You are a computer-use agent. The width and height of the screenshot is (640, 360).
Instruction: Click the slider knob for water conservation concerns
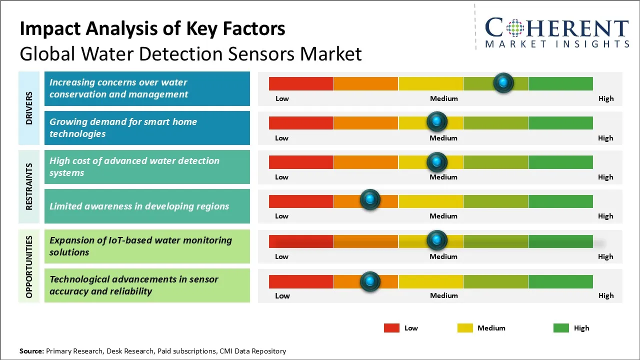coord(503,82)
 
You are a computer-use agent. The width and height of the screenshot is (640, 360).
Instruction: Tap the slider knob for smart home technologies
coord(437,121)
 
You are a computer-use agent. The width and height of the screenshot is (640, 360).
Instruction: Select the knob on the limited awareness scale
coord(370,200)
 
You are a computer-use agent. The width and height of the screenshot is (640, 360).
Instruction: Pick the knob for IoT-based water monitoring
coord(437,240)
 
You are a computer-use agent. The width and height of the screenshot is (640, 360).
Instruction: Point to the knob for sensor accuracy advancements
coord(370,281)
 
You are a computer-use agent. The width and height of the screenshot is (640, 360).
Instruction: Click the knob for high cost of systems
coord(437,161)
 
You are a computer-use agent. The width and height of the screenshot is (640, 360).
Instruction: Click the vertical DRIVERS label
coord(29,108)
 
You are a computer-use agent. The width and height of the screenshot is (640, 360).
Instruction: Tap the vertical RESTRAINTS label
coord(29,186)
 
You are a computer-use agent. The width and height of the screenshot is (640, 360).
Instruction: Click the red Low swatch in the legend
coord(391,328)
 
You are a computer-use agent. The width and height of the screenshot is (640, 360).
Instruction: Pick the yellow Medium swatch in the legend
coord(465,328)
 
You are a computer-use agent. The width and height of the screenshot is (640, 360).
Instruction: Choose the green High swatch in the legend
coord(561,328)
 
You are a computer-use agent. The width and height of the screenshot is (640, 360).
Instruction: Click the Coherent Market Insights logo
coord(556,32)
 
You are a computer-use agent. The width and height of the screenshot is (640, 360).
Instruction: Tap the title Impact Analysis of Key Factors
coord(152,29)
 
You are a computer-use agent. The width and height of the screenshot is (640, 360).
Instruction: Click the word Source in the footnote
coord(31,351)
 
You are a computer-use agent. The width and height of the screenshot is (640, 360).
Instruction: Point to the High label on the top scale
coord(605,98)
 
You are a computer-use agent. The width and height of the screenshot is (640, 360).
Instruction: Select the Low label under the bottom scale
coord(282,295)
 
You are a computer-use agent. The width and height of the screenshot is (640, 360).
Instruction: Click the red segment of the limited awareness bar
coord(301,201)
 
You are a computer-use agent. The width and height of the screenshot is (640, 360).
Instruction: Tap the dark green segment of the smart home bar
coord(560,122)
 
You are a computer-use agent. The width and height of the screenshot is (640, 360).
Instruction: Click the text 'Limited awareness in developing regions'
coord(139,206)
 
